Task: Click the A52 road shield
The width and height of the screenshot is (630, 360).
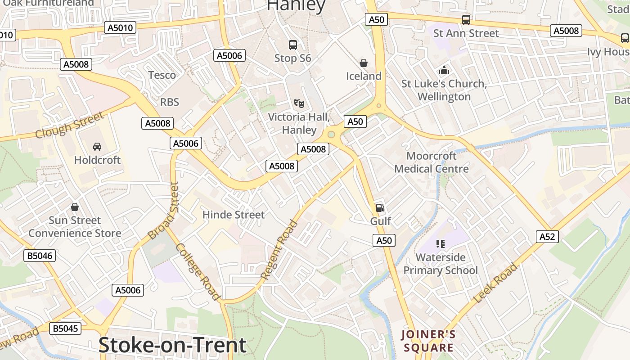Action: pyautogui.click(x=547, y=237)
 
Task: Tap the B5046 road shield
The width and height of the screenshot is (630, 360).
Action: pyautogui.click(x=40, y=256)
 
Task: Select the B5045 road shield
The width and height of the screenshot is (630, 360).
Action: pyautogui.click(x=66, y=328)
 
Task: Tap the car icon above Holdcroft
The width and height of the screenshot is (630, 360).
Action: pyautogui.click(x=97, y=146)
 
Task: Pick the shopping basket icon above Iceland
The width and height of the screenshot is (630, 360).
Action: pyautogui.click(x=364, y=63)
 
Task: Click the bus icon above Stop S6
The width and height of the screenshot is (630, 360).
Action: pyautogui.click(x=293, y=45)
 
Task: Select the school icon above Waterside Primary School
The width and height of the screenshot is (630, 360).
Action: pyautogui.click(x=441, y=244)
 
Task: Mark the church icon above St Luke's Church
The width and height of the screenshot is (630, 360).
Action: pyautogui.click(x=444, y=70)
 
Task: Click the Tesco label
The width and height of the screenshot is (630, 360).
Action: pyautogui.click(x=162, y=75)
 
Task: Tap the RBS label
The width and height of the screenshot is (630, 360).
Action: pyautogui.click(x=170, y=102)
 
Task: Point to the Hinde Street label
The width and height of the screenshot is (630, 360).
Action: pyautogui.click(x=234, y=215)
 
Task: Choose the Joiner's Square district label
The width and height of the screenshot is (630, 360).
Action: pyautogui.click(x=428, y=341)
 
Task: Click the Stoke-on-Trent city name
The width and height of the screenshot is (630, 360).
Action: pyautogui.click(x=172, y=345)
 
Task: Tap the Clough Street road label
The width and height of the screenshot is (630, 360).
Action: pyautogui.click(x=70, y=126)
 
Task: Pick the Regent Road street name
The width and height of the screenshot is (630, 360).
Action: pyautogui.click(x=279, y=250)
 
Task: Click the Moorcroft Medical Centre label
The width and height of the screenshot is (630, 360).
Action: pyautogui.click(x=432, y=162)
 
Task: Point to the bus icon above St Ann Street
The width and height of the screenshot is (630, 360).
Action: pyautogui.click(x=466, y=20)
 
